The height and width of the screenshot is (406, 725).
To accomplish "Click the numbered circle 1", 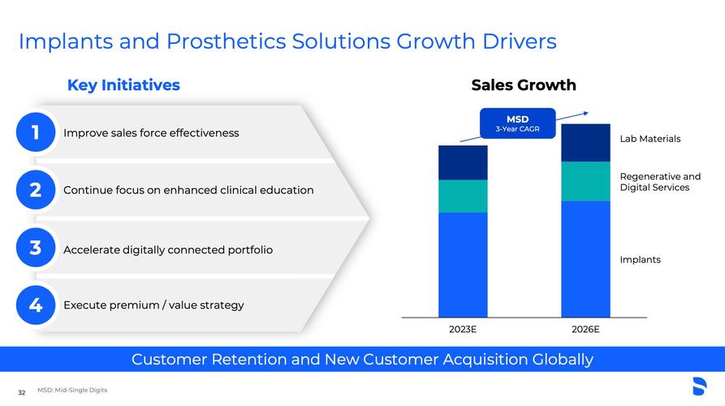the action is tap(36, 132).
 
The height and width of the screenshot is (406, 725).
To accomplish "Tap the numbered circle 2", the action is tap(36, 189).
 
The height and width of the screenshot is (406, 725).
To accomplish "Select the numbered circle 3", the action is tap(36, 248).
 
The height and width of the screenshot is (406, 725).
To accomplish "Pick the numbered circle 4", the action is tap(36, 304).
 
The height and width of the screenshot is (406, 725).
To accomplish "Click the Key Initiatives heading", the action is tap(123, 85).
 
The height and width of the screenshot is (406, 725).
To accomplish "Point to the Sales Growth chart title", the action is tap(524, 85).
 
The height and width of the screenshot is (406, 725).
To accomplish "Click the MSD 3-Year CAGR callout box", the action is tap(517, 123).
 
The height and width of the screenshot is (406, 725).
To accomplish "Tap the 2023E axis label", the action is tap(463, 329).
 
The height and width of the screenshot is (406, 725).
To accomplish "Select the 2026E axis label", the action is tap(585, 329).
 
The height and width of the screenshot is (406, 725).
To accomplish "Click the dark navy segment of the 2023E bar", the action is tap(463, 162).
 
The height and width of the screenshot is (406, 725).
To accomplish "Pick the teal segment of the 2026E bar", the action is tap(586, 181).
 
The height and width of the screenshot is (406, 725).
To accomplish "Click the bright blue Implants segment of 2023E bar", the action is tap(463, 265).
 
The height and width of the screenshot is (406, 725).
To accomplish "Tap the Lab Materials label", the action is tap(650, 139).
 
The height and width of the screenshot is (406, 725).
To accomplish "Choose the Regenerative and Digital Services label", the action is tap(660, 182).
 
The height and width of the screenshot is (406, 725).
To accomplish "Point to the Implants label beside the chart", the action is tap(640, 260).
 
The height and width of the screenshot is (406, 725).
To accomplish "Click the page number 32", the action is tap(22, 392).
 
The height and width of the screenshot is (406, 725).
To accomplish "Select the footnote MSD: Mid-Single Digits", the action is tap(72, 390).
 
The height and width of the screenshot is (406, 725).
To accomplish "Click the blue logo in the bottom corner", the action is tap(700, 387).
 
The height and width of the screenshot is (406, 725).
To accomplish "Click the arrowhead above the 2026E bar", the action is tap(586, 114).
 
